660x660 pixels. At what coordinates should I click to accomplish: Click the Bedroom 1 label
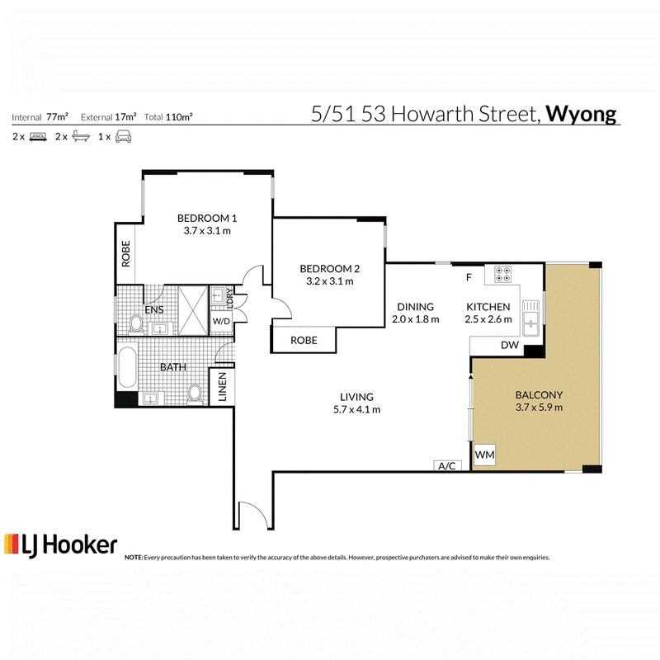(207, 218)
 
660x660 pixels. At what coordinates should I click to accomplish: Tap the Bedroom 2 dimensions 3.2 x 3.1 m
(329, 281)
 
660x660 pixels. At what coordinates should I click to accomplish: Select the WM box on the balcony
(484, 455)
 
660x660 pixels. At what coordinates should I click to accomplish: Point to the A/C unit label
(446, 466)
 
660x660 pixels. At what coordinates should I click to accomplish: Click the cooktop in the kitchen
(502, 274)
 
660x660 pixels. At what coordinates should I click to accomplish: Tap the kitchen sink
(530, 318)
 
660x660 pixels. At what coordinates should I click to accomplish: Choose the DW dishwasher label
(509, 345)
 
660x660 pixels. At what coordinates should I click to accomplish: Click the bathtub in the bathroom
(127, 366)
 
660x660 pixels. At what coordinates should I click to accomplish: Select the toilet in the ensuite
(136, 324)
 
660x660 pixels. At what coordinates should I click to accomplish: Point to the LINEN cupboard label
(222, 387)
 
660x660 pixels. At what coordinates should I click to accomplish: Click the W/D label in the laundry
(221, 322)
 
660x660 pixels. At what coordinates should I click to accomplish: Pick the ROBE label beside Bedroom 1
(125, 253)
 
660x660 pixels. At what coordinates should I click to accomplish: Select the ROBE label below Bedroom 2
(304, 340)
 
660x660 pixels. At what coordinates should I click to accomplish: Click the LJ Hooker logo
(60, 545)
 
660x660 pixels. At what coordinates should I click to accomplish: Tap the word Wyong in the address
(581, 114)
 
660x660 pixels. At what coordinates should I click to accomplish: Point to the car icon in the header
(123, 137)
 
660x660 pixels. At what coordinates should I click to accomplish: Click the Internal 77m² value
(57, 116)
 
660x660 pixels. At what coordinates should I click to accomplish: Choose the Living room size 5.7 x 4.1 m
(356, 409)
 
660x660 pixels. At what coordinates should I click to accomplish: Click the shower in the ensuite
(193, 311)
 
